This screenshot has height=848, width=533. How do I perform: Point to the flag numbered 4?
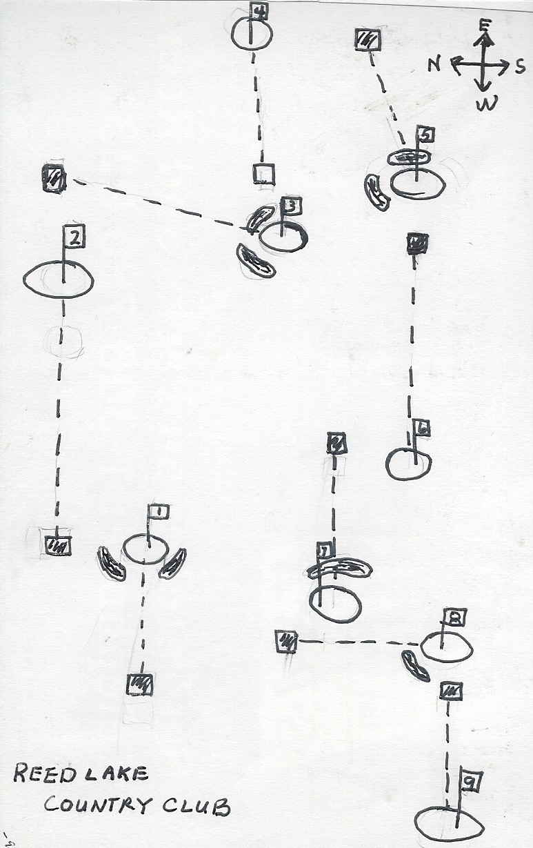click(x=259, y=11)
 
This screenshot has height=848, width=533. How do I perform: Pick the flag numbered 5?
click(x=425, y=136)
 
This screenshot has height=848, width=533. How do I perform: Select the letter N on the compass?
click(x=434, y=65)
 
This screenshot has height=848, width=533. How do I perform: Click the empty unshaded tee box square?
click(x=263, y=174)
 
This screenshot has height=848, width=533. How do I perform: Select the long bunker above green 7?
click(x=339, y=568)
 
